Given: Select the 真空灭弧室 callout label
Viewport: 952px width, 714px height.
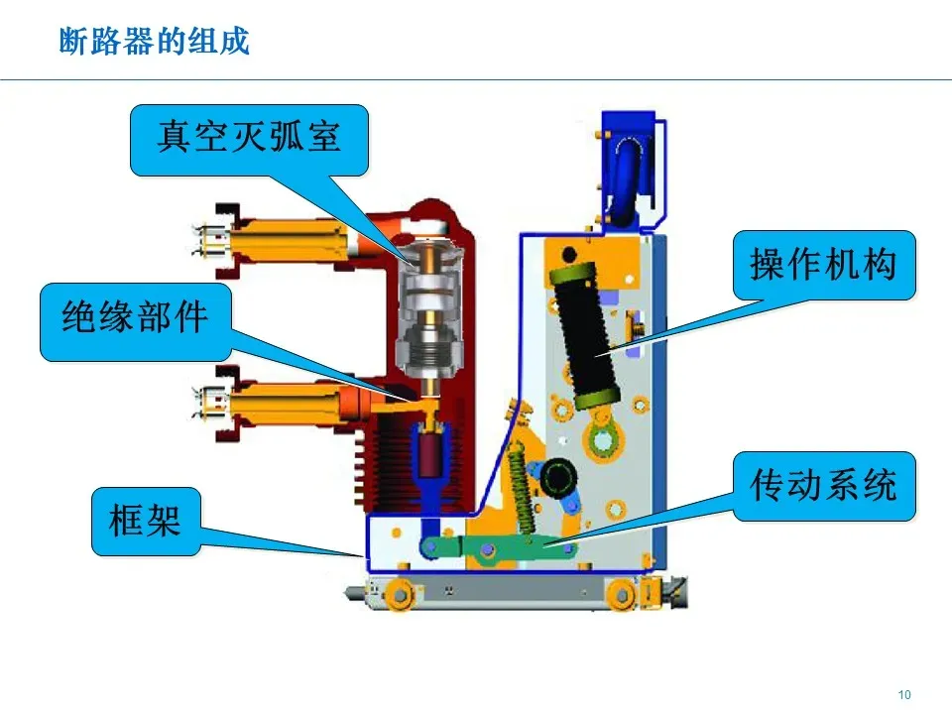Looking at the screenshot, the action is [249, 137].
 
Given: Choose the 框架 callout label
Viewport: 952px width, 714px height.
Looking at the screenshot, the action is [146, 519].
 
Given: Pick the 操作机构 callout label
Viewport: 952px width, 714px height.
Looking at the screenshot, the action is [823, 264].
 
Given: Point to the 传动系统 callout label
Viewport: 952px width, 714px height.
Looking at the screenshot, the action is [823, 486].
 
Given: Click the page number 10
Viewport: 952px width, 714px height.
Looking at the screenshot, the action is [903, 694].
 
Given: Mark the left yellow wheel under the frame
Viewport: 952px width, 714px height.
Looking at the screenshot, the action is [400, 594].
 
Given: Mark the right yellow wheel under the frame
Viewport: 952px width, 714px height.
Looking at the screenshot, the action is [622, 594].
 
